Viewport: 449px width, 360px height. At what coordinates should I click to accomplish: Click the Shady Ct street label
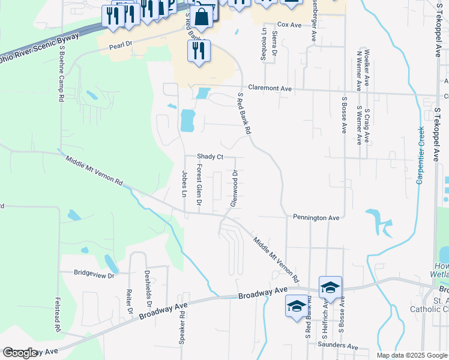pyautogui.click(x=210, y=157)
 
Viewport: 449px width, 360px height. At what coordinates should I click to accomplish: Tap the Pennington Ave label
pyautogui.click(x=316, y=217)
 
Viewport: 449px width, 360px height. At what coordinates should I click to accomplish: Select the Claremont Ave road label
pyautogui.click(x=270, y=88)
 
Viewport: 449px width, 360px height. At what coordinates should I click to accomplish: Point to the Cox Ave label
pyautogui.click(x=289, y=25)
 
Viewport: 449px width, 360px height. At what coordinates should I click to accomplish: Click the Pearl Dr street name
pyautogui.click(x=120, y=46)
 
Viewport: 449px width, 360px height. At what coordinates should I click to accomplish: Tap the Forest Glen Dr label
pyautogui.click(x=199, y=185)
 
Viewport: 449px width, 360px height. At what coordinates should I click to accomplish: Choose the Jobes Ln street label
pyautogui.click(x=184, y=184)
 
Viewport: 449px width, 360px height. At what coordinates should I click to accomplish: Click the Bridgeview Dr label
pyautogui.click(x=94, y=274)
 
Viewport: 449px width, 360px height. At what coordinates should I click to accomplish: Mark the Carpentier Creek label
pyautogui.click(x=421, y=155)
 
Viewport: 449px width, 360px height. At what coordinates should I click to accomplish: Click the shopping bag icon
pyautogui.click(x=203, y=18)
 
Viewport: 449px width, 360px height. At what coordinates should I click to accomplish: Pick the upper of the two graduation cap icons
pyautogui.click(x=330, y=287)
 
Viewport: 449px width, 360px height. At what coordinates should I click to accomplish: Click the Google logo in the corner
pyautogui.click(x=20, y=353)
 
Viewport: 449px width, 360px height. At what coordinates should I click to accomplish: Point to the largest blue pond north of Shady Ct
pyautogui.click(x=188, y=121)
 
